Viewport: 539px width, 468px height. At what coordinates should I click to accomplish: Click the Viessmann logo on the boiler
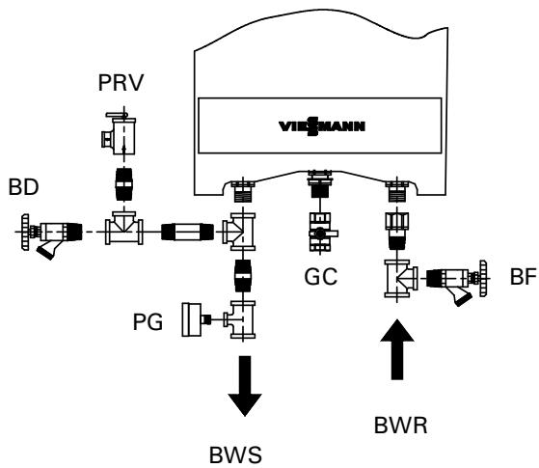[x=315, y=125]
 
